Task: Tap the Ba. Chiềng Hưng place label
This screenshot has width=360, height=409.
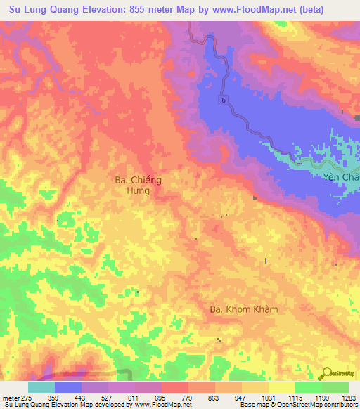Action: (x=138, y=185)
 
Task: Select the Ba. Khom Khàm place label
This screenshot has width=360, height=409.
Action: (x=245, y=309)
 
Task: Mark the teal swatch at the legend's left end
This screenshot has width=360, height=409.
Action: (x=41, y=387)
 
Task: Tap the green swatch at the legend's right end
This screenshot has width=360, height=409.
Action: (x=335, y=387)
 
